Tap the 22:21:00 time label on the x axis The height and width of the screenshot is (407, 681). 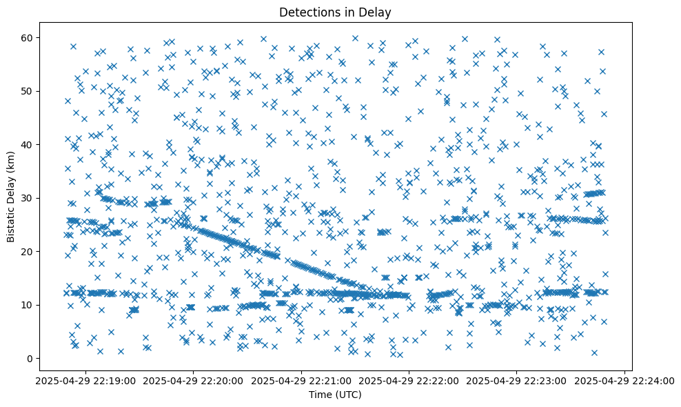[301, 380]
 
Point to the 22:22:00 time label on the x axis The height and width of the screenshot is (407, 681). [409, 380]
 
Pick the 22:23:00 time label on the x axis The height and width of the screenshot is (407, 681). [516, 380]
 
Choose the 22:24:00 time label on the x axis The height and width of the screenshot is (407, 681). [624, 380]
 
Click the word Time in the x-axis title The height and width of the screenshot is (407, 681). [320, 395]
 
